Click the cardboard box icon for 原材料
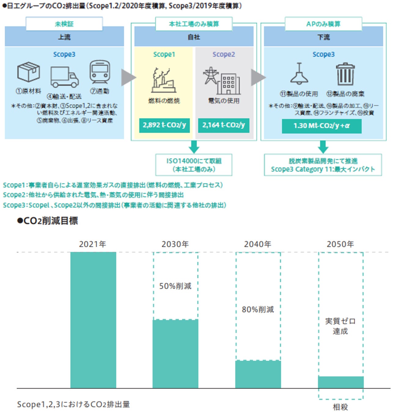coord(28,72)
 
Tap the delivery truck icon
coord(64,77)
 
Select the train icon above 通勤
coord(100,72)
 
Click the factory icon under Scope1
coord(163,81)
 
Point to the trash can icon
coord(345,74)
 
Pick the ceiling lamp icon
coord(299,74)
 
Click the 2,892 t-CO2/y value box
coord(164,125)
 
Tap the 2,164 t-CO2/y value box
coord(224,125)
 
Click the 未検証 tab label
coord(64,24)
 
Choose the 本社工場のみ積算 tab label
coord(194,24)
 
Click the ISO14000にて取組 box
coord(194,165)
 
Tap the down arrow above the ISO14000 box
coord(194,147)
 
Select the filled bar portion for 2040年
coord(258,374)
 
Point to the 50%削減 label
coord(175,286)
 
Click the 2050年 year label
coord(340,244)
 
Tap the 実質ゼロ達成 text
coord(340,326)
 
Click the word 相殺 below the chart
coord(340,407)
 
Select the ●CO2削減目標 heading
coord(48,221)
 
